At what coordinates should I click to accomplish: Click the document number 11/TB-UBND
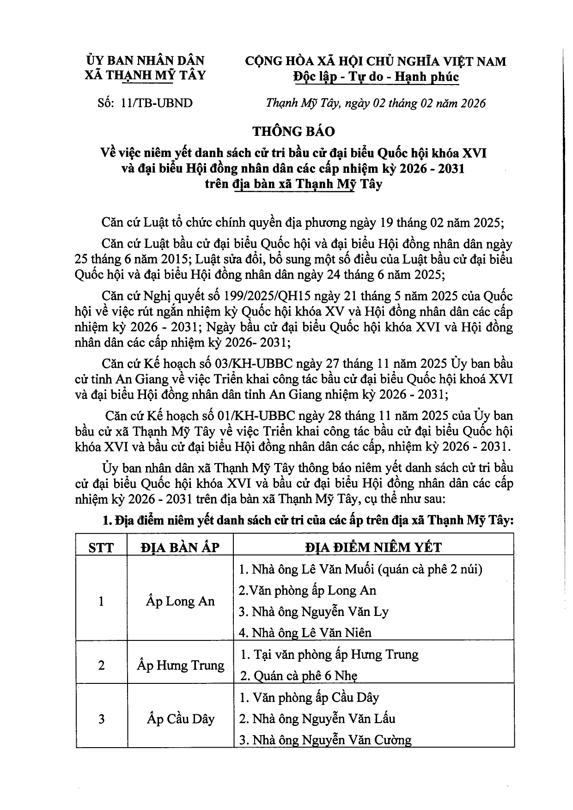click(156, 103)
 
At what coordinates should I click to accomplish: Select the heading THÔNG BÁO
click(293, 131)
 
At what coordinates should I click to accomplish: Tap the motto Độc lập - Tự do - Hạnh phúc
click(376, 76)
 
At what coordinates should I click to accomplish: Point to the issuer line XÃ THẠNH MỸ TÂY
click(145, 75)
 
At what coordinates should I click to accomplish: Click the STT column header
click(101, 548)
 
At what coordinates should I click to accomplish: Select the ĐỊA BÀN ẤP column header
click(180, 548)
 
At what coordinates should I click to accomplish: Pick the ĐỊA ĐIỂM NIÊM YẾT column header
click(373, 548)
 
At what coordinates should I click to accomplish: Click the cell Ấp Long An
click(180, 601)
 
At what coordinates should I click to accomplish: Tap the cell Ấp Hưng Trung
click(180, 665)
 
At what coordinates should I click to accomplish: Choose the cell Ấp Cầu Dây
click(180, 719)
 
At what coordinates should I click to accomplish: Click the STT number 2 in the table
click(101, 665)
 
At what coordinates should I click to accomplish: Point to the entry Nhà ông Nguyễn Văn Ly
click(314, 612)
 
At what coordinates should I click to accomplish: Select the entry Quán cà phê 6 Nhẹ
click(299, 676)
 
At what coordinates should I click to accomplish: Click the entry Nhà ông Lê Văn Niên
click(305, 633)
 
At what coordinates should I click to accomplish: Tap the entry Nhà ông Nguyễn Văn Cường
click(325, 740)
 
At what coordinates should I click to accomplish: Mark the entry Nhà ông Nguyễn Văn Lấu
click(317, 719)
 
